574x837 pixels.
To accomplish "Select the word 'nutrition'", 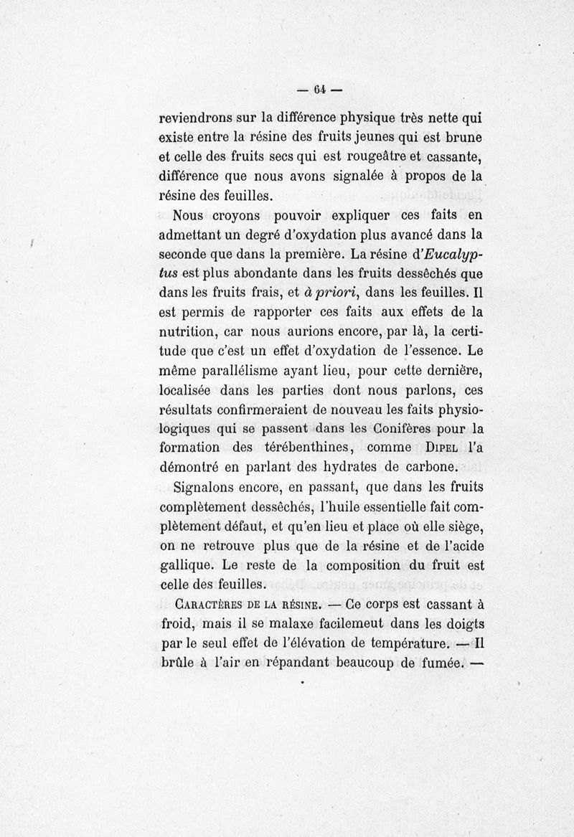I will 192,332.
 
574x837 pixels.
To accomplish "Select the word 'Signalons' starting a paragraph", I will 208,488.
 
